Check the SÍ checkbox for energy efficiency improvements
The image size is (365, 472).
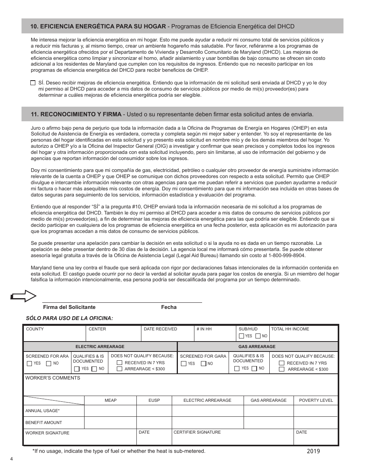coord(33,83)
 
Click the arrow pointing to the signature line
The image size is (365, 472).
coord(24,295)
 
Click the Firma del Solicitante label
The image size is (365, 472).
coord(69,307)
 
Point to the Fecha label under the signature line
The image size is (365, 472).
coord(169,307)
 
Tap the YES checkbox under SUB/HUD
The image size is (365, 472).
coord(241,336)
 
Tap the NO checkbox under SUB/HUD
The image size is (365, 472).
coord(259,336)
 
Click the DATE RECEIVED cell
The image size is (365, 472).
coord(168,333)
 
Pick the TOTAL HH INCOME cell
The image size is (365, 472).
coord(304,333)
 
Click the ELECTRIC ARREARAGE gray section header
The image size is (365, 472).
coord(100,347)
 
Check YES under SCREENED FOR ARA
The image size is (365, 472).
coord(30,363)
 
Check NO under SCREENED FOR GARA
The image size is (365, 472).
coord(204,363)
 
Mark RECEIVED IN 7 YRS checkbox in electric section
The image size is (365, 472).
coord(119,363)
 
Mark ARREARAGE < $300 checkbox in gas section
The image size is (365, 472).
coord(282,369)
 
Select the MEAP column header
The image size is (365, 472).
coord(111,400)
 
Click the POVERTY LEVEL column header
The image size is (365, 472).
coord(316,400)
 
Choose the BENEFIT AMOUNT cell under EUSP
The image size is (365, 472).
coord(154,422)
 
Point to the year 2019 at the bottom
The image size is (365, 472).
coord(313,451)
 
